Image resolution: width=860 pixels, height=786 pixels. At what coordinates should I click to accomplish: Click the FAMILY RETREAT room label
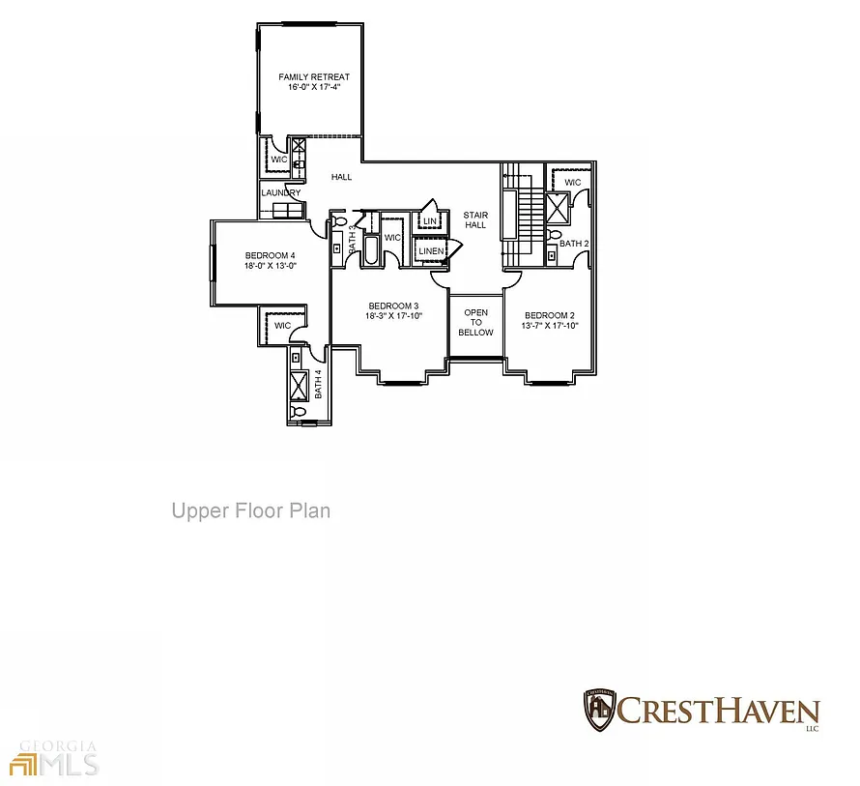pos(314,76)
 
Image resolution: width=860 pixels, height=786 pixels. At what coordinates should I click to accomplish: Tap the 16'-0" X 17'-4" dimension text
pos(314,87)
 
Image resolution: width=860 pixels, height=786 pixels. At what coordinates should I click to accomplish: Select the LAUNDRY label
pos(281,192)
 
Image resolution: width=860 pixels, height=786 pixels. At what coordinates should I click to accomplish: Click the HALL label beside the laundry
pos(341,177)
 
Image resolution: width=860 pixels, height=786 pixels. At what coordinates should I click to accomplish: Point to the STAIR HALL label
pos(475,219)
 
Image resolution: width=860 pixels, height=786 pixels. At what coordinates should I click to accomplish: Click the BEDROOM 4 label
pos(270,255)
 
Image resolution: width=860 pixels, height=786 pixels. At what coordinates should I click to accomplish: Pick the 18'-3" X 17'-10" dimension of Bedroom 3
pos(394,315)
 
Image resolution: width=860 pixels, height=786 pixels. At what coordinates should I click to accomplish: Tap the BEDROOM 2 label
pos(550,315)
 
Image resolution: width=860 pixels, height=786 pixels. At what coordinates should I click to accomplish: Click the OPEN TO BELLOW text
pos(475,322)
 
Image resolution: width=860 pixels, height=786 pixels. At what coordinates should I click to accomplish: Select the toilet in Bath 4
pos(299,411)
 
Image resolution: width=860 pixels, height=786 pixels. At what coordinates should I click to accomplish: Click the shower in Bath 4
pos(299,384)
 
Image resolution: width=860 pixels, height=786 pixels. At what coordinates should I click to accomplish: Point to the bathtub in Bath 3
pos(371,250)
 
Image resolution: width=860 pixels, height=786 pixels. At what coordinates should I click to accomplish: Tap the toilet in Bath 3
pos(338,221)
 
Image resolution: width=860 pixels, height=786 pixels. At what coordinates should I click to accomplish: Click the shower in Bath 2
pos(558,208)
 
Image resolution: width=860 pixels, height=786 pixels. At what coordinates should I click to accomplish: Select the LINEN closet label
pos(431,250)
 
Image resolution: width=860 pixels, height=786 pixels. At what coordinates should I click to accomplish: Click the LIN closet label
pos(430,221)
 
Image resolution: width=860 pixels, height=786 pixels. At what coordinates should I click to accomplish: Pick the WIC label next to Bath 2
pos(573,182)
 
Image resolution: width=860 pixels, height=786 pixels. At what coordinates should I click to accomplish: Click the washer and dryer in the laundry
pos(287,210)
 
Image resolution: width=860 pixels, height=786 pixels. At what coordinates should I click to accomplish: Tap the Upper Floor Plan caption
pos(251,510)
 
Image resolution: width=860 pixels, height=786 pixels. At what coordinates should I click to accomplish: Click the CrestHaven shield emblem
pos(599,711)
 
